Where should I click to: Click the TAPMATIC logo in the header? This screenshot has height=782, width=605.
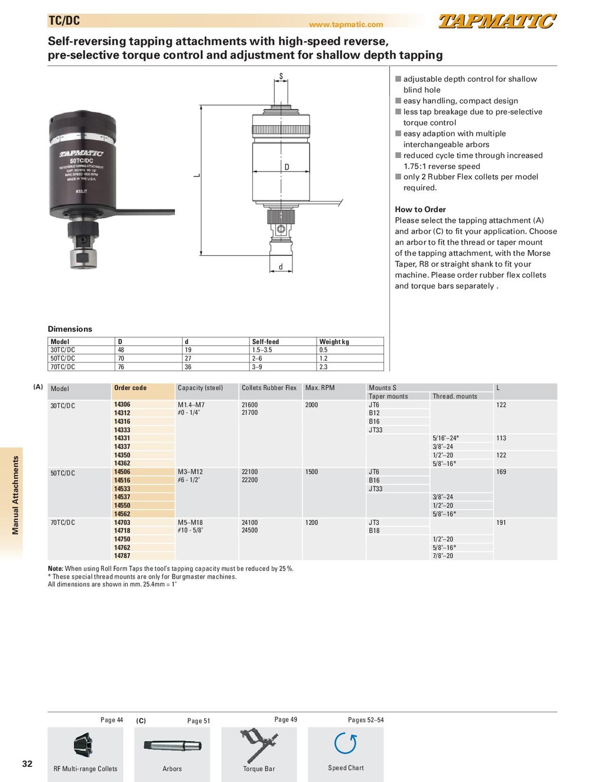tap(497, 22)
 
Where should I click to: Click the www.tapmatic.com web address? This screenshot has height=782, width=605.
tap(346, 25)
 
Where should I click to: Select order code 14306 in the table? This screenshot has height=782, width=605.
tap(122, 405)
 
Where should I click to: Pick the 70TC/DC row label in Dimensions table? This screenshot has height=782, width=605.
tap(63, 367)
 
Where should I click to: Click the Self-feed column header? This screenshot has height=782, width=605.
tap(265, 342)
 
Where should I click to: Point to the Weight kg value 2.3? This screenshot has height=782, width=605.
tap(323, 367)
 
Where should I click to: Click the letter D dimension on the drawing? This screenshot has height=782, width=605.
tap(287, 167)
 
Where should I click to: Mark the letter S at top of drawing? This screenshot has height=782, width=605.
tap(281, 76)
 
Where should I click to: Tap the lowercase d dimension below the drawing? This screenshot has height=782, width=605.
tap(281, 267)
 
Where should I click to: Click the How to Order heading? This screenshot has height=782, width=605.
tap(420, 209)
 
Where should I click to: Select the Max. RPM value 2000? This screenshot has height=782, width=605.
tap(311, 405)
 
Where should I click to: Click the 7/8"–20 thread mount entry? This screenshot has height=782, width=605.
tap(443, 556)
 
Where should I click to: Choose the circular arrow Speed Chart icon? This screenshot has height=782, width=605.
tap(346, 744)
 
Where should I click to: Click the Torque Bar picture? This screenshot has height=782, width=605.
tap(259, 745)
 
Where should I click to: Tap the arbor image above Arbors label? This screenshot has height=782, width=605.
tap(172, 746)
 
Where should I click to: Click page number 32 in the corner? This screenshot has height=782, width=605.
tap(27, 764)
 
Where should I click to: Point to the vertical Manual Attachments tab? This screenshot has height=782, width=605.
tap(15, 495)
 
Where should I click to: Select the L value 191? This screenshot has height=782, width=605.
tap(501, 523)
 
